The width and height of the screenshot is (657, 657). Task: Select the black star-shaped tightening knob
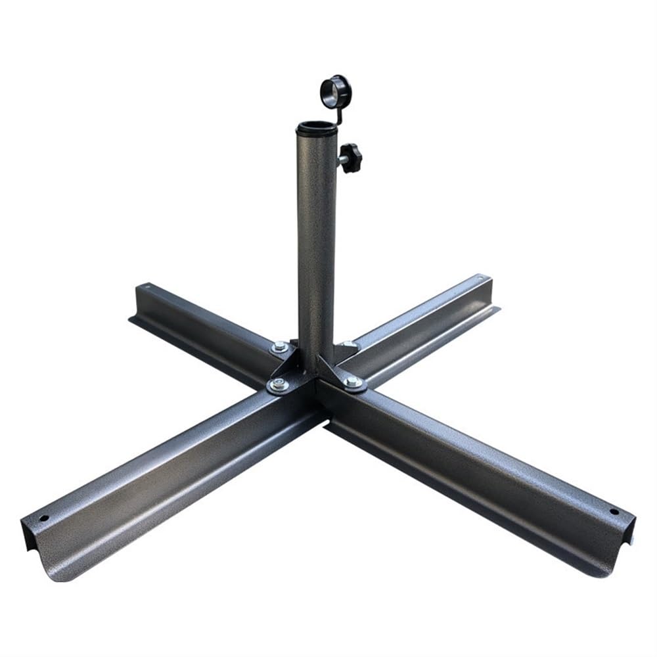(351, 158)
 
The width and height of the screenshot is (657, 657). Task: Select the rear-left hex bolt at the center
(281, 347)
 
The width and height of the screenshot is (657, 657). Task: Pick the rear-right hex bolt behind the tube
(346, 344)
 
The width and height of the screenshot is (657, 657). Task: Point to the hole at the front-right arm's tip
(614, 511)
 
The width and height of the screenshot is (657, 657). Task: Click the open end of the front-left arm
(46, 552)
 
